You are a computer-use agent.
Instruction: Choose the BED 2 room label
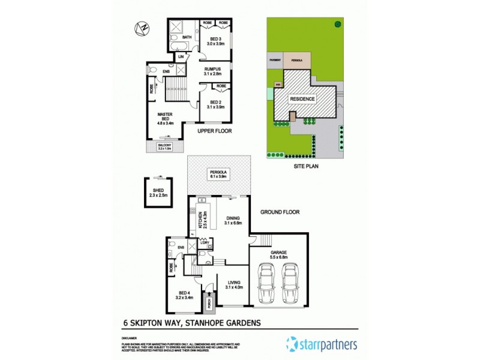pyautogui.click(x=214, y=103)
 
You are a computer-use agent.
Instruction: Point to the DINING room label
pyautogui.click(x=232, y=220)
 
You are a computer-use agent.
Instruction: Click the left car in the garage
pyautogui.click(x=265, y=285)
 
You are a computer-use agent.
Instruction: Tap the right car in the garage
pyautogui.click(x=290, y=285)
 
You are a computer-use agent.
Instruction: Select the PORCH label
pyautogui.click(x=209, y=304)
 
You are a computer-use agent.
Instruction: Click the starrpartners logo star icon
pyautogui.click(x=292, y=344)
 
